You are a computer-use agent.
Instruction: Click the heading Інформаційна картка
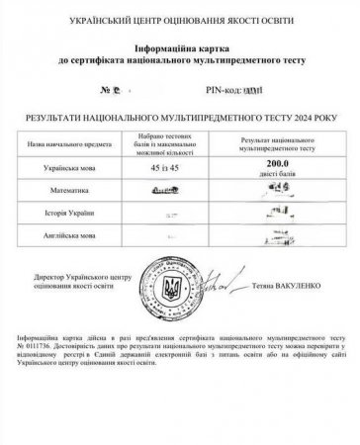(x=179, y=47)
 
